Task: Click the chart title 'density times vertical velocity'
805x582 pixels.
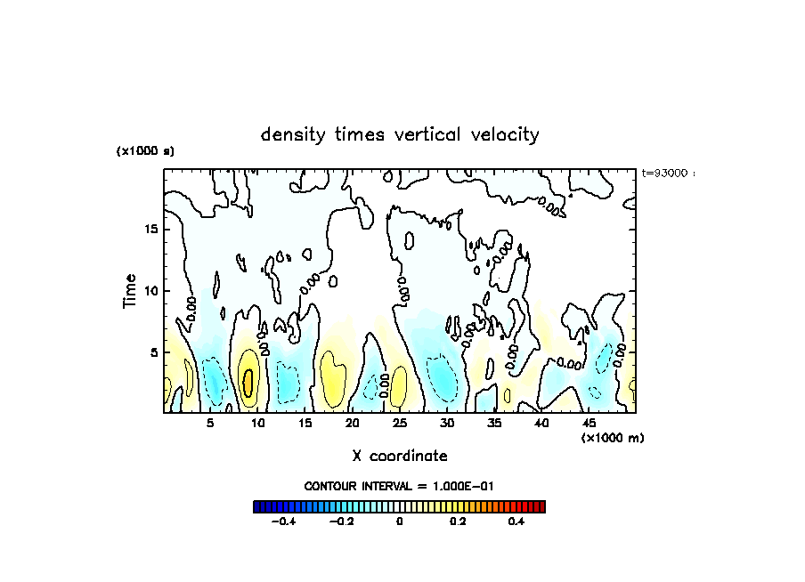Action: coord(400,135)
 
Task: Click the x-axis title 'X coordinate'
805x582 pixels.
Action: coord(400,456)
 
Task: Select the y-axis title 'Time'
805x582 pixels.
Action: coord(130,291)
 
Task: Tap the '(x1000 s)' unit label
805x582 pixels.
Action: coord(145,151)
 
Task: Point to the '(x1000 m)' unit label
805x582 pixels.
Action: coord(613,437)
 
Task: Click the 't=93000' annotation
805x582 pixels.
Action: coord(666,173)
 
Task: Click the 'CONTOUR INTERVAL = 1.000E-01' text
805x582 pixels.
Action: coord(399,486)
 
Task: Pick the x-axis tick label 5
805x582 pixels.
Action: coord(210,424)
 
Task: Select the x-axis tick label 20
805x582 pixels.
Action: coord(352,424)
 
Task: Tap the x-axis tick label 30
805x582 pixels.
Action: coord(447,424)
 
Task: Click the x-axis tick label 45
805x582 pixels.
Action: coord(589,424)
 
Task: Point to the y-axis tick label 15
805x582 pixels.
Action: coord(151,229)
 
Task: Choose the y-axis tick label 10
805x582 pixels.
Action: coord(151,290)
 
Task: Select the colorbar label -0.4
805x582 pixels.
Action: coord(282,522)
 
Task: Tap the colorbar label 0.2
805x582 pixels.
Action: coord(458,522)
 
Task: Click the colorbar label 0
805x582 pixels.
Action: coord(399,522)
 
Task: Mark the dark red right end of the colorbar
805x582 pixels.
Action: coord(541,506)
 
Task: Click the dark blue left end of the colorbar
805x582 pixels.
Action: coord(257,506)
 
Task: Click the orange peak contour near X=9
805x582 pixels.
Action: coord(248,381)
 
